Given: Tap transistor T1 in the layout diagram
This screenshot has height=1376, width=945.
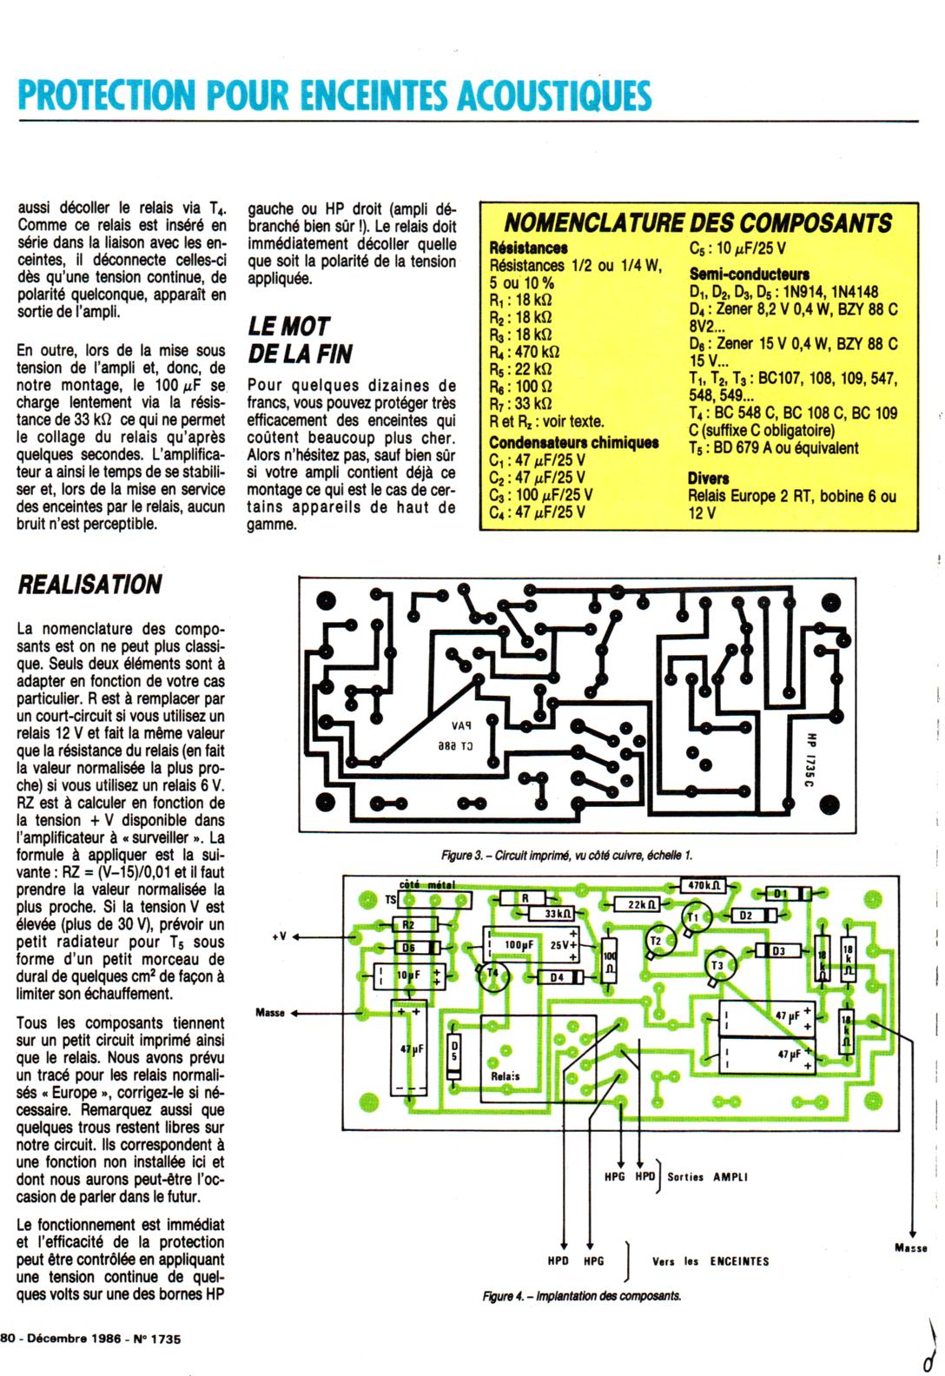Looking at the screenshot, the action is tap(694, 918).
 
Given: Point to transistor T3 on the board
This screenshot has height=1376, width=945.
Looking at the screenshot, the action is tap(717, 966).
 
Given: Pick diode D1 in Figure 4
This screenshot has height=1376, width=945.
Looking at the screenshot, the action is tap(780, 894).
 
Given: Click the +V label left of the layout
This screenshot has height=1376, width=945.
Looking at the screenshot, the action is tap(280, 936).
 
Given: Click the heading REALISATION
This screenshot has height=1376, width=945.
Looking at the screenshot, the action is tap(89, 585).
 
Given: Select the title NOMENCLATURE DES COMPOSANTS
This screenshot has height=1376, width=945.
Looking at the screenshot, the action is tap(698, 222).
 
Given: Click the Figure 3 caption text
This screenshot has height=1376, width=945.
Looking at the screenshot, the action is tap(566, 855).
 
